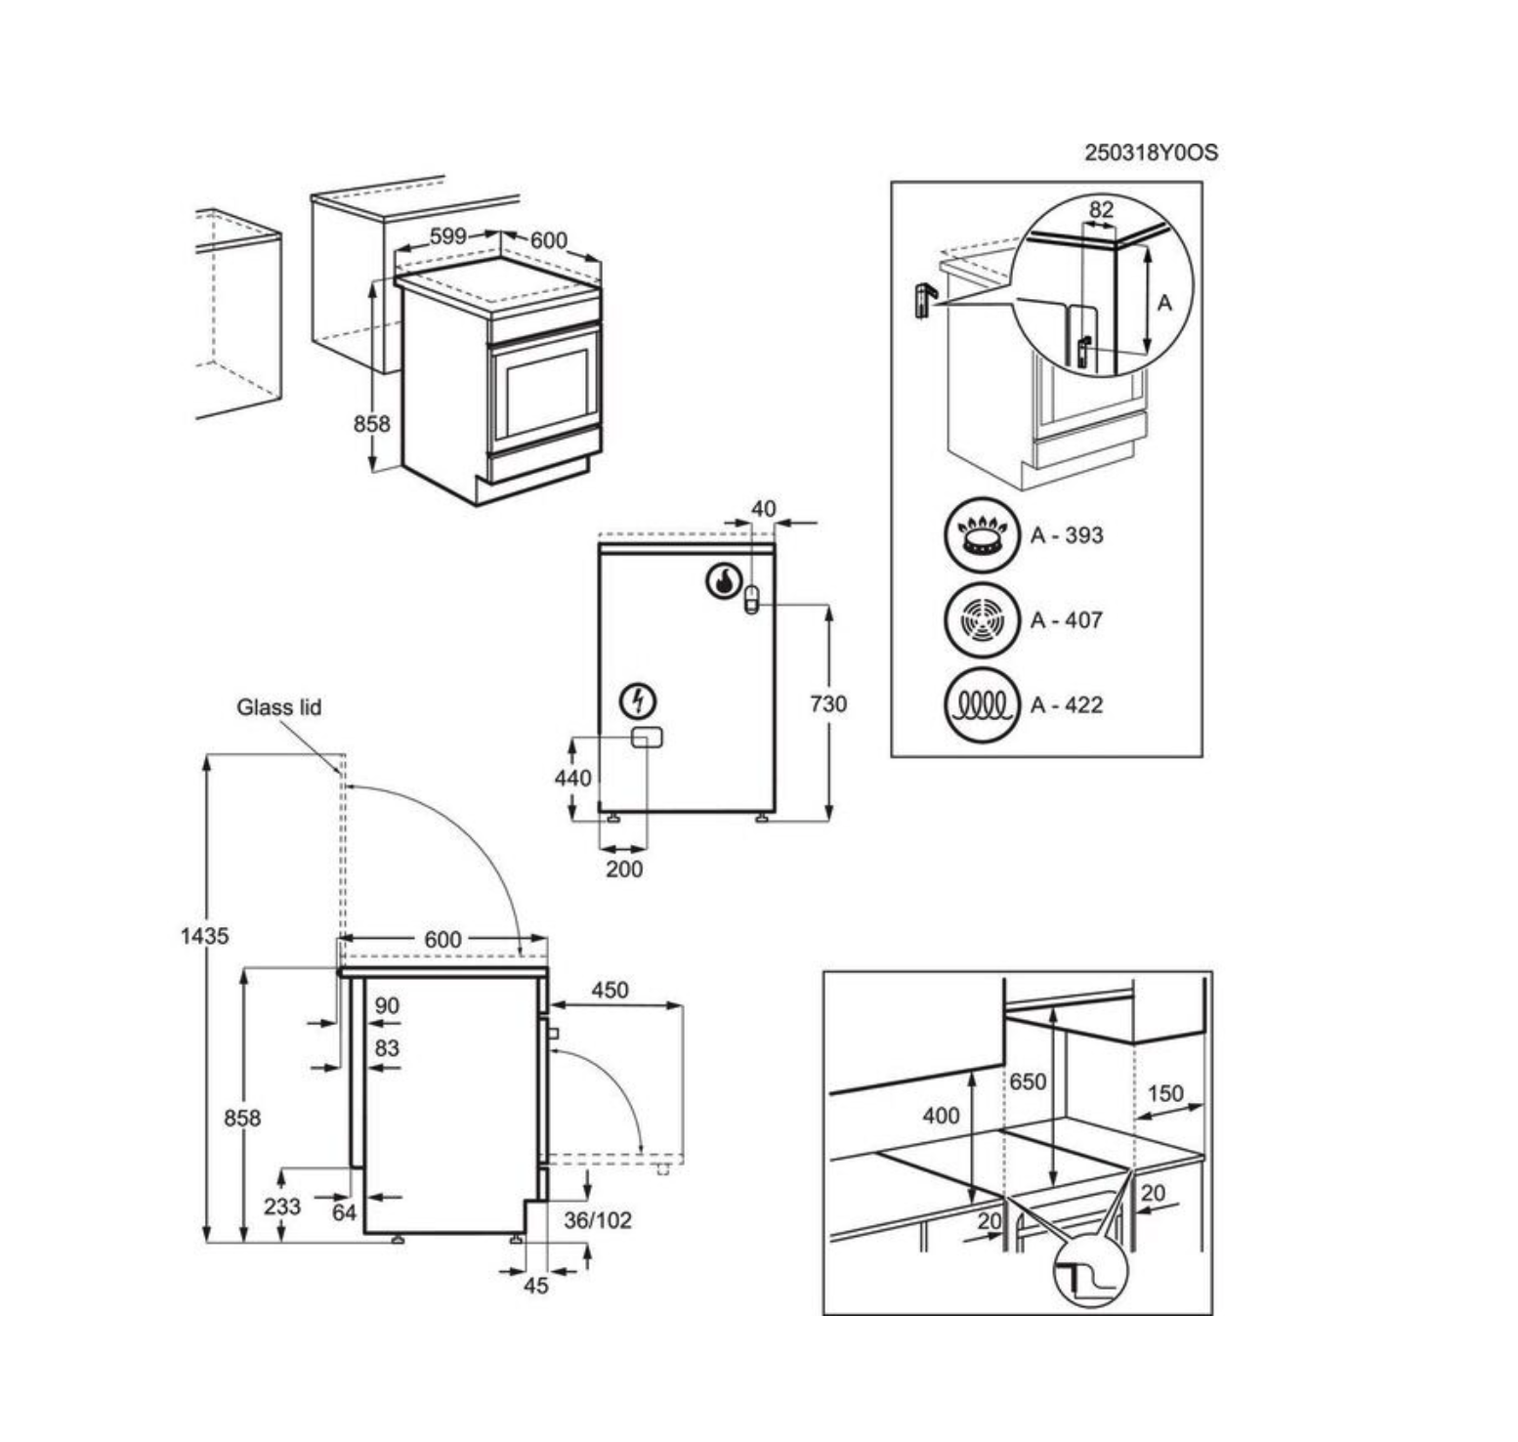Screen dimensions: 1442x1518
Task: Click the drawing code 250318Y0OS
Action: click(x=1151, y=152)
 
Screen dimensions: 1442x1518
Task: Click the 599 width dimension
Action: click(x=448, y=236)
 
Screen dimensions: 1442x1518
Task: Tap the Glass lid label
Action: click(x=278, y=706)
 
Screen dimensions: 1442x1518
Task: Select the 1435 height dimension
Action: click(x=204, y=935)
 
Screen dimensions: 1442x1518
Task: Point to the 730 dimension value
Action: click(x=827, y=703)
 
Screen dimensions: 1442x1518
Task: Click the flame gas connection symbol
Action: click(x=722, y=582)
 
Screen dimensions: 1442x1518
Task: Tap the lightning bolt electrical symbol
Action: click(x=639, y=700)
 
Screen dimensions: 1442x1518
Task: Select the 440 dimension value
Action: click(x=572, y=778)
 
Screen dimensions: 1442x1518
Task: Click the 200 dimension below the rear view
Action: click(x=624, y=869)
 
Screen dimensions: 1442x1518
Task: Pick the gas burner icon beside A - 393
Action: click(x=981, y=535)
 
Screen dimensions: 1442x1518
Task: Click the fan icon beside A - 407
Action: click(x=981, y=619)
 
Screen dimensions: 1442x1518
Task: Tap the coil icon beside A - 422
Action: click(x=981, y=704)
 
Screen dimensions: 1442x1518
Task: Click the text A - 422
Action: click(x=1067, y=704)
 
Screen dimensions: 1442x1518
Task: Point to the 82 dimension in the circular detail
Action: click(x=1101, y=209)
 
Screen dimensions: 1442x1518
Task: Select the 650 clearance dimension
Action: click(x=1028, y=1081)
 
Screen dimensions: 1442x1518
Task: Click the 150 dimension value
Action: click(x=1165, y=1093)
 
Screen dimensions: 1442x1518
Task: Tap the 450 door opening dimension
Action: click(x=610, y=990)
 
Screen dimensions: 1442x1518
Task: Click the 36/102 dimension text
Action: click(x=598, y=1219)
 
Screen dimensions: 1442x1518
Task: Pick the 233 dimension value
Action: click(x=281, y=1207)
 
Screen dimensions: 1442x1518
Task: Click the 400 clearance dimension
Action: click(x=941, y=1115)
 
